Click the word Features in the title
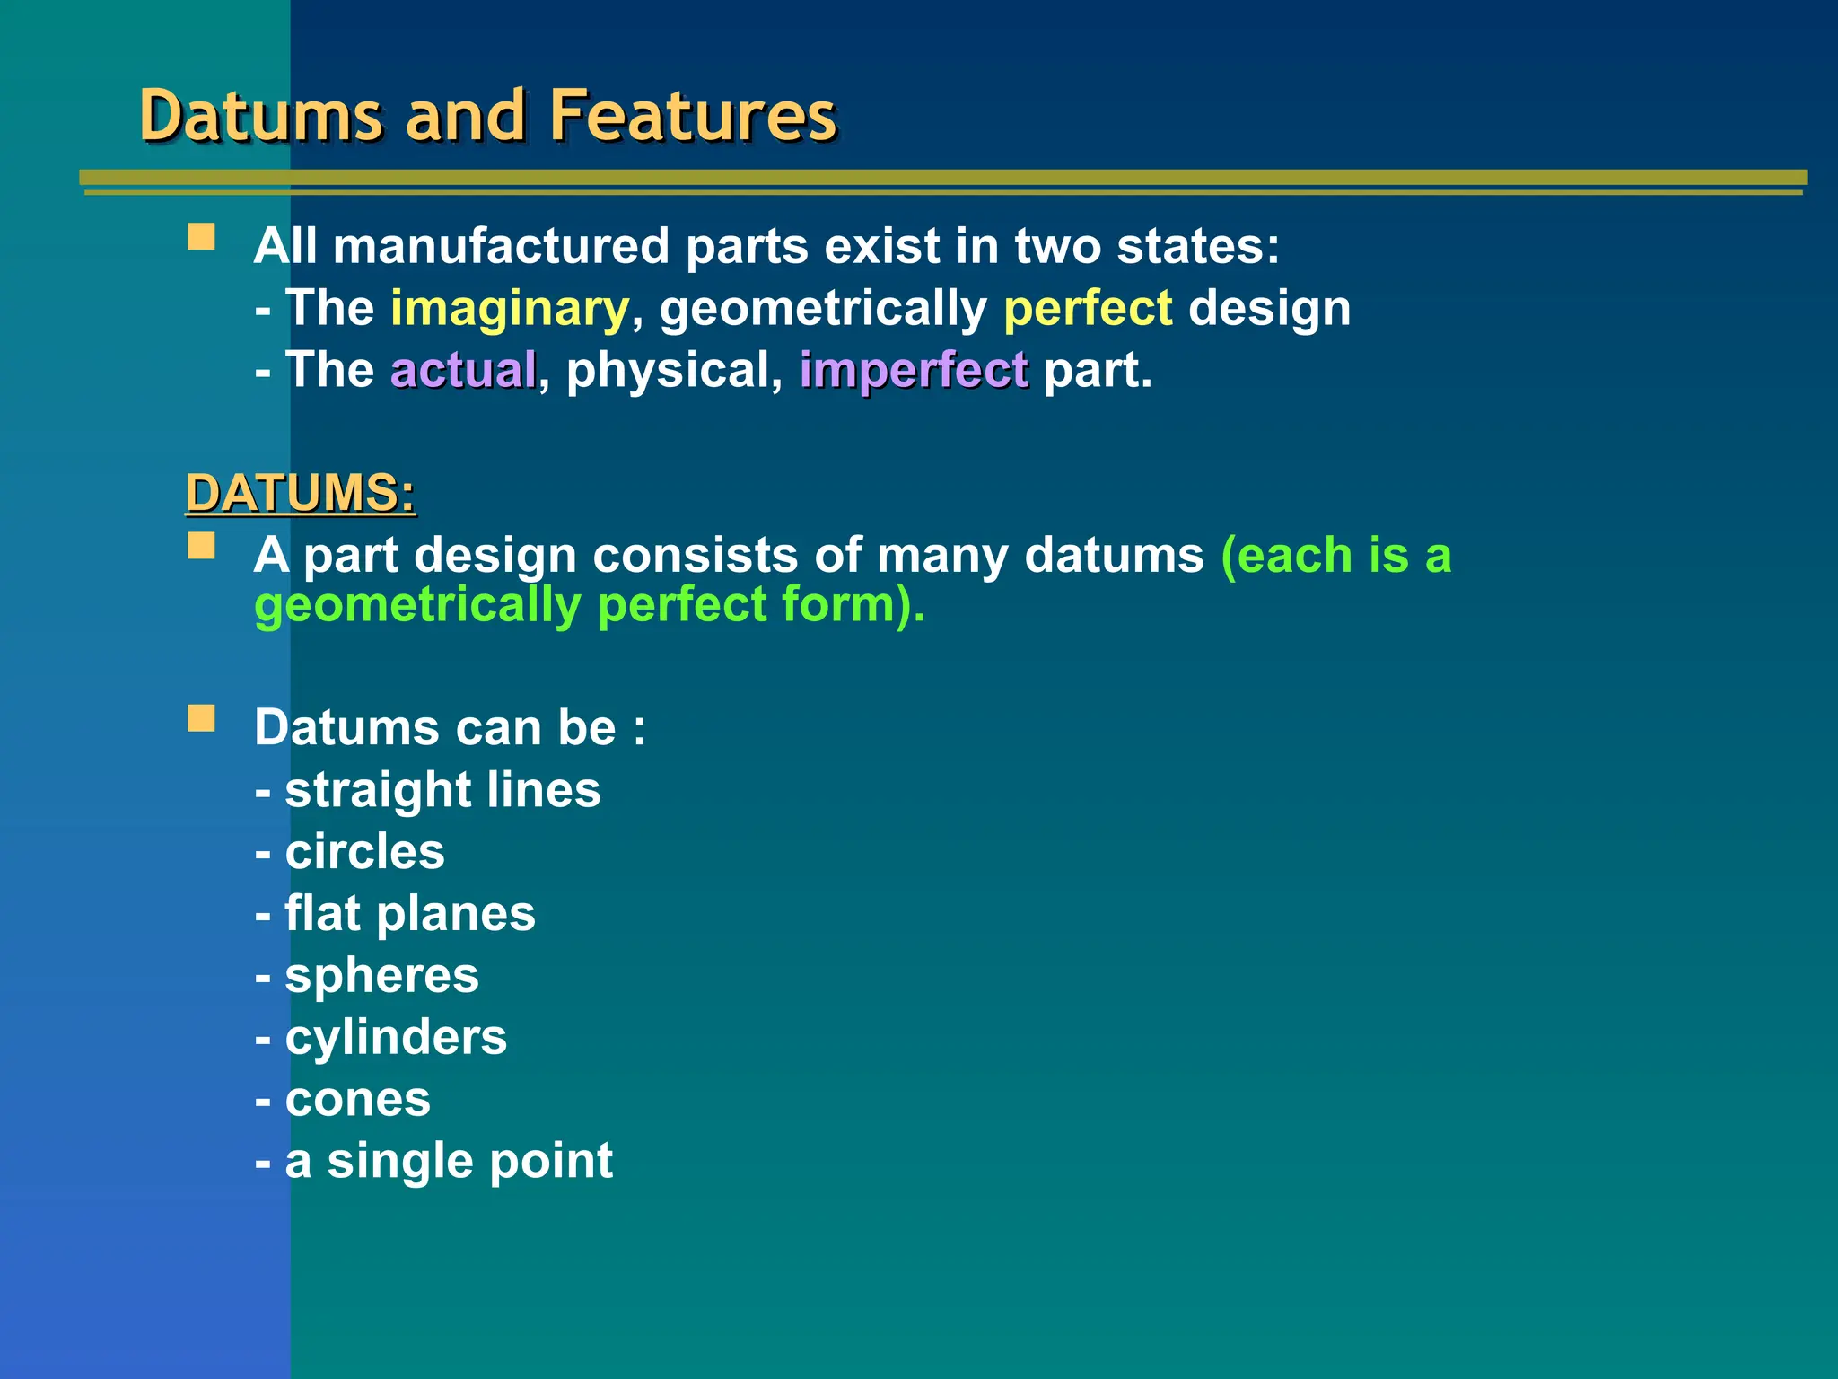click(692, 116)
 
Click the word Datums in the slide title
click(261, 116)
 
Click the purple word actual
click(463, 370)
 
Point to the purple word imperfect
click(914, 370)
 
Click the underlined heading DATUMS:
click(301, 493)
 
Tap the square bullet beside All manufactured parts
click(202, 237)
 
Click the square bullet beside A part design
click(202, 546)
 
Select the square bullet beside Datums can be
click(202, 718)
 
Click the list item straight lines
click(442, 790)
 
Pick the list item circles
click(363, 851)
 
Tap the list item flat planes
click(409, 914)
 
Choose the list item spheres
click(381, 975)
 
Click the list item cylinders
click(395, 1038)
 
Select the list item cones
click(357, 1099)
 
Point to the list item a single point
click(449, 1160)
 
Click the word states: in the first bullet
click(1197, 246)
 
